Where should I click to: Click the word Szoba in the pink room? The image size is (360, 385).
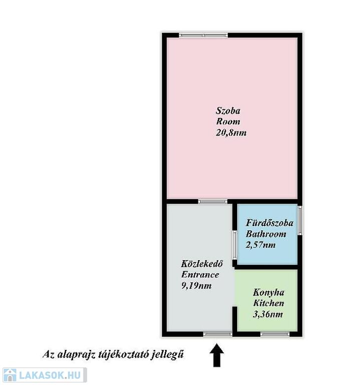(228, 111)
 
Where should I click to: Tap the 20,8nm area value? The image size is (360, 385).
(231, 133)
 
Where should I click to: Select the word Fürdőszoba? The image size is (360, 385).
(269, 223)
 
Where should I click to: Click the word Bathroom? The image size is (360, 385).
(266, 234)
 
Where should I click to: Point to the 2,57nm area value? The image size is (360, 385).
(261, 245)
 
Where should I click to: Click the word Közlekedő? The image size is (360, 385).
(202, 264)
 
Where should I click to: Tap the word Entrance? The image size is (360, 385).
(200, 275)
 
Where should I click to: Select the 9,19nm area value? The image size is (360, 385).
(196, 286)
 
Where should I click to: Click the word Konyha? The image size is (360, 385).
(268, 292)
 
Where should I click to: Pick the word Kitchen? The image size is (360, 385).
(268, 303)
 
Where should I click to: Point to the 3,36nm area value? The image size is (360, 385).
(268, 314)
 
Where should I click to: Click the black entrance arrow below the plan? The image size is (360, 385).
(216, 355)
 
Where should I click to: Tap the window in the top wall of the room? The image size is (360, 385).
(203, 36)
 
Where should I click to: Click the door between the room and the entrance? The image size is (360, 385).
(213, 202)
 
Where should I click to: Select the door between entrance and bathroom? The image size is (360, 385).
(235, 245)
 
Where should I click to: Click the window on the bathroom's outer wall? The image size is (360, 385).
(300, 221)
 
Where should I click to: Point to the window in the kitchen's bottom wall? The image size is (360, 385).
(275, 334)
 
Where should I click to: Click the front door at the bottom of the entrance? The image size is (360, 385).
(217, 334)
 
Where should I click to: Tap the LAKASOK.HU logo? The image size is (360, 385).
(45, 375)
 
